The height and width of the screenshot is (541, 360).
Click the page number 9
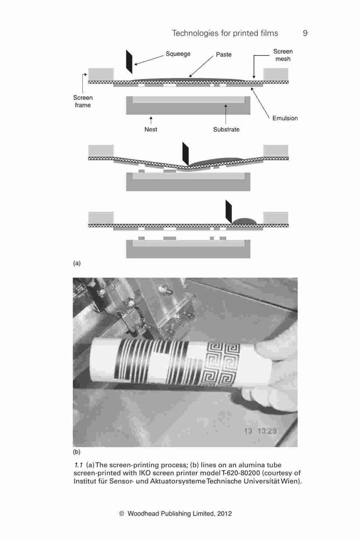pos(305,33)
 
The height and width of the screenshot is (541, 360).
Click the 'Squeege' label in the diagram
pos(178,54)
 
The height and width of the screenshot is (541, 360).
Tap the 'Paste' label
pos(224,55)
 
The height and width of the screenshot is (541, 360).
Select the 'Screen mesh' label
pos(283,55)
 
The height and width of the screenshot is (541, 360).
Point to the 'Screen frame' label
pos(83,102)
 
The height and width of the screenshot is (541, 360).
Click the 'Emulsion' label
pos(285,118)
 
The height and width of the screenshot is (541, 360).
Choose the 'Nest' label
pos(151,129)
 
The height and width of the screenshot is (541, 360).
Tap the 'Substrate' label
pos(226,129)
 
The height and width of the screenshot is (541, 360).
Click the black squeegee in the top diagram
pos(129,62)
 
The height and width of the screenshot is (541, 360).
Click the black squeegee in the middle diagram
pos(185,154)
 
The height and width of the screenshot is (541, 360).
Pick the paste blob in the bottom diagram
pos(244,221)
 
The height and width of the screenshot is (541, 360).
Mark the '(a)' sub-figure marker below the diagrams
pos(77,263)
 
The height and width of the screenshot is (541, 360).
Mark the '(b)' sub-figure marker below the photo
pos(77,452)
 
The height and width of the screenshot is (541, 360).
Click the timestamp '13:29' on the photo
pos(267,431)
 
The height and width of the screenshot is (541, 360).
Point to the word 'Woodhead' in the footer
pos(143,513)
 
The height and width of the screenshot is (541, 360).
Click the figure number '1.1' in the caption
pos(78,465)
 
